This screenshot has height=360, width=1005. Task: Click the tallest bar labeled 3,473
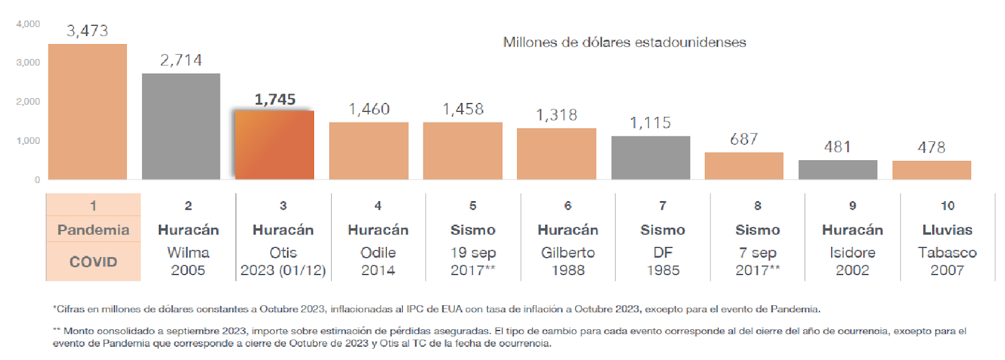click(87, 112)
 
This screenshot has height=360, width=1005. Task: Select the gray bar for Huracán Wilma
click(182, 126)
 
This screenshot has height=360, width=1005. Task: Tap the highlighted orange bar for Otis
click(274, 145)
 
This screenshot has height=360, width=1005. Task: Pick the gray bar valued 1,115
click(651, 158)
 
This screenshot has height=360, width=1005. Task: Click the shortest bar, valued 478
click(932, 170)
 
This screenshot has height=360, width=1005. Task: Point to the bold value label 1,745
click(275, 99)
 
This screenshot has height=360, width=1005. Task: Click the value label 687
click(744, 139)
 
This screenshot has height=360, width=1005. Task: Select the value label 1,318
click(557, 115)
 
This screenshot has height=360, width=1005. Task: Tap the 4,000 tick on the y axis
click(28, 24)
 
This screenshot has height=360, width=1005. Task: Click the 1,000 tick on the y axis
click(28, 141)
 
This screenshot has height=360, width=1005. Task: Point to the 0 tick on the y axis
click(37, 180)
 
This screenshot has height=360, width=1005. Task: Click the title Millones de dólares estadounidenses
click(624, 42)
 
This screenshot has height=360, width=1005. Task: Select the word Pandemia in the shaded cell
click(94, 230)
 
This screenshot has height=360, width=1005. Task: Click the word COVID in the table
click(94, 262)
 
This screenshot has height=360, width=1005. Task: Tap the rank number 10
click(948, 205)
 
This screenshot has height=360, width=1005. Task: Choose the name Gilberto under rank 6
click(568, 253)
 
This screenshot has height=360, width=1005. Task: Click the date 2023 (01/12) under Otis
click(283, 270)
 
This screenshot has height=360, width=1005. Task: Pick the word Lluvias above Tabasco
click(948, 230)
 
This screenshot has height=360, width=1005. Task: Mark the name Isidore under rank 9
click(852, 253)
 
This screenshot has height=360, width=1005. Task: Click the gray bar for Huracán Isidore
click(838, 170)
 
